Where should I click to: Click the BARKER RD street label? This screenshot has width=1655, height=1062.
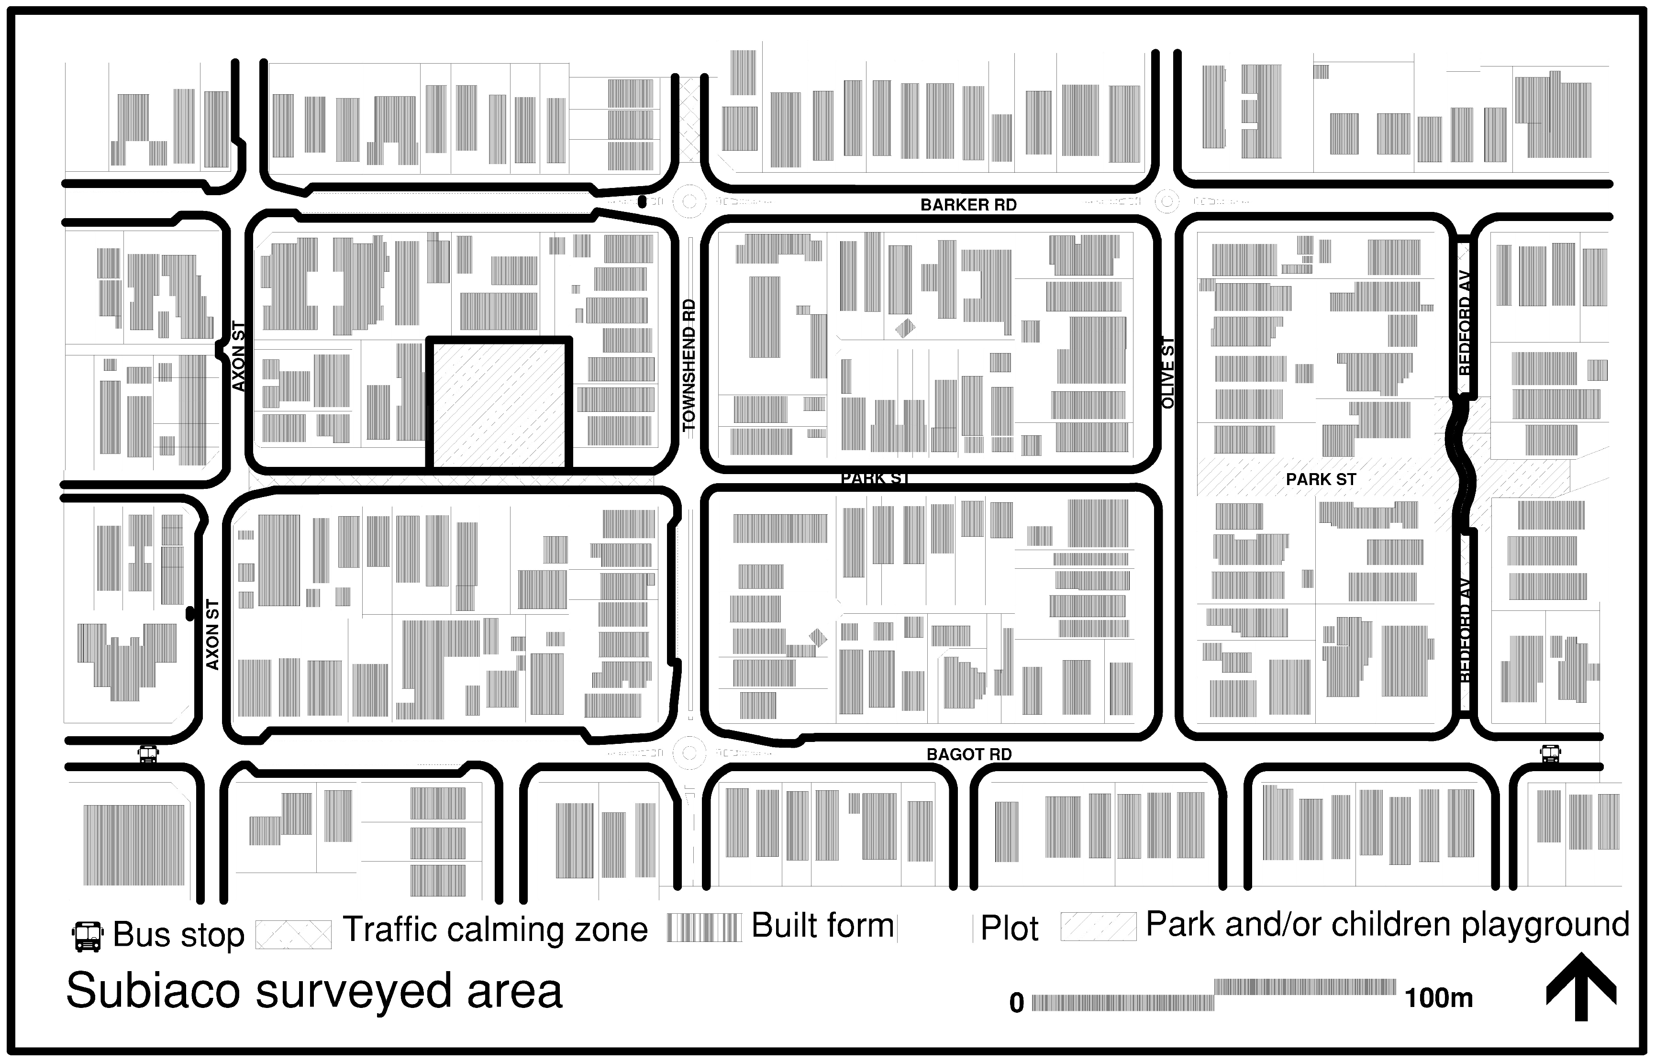tap(968, 205)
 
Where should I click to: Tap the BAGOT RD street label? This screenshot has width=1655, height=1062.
tap(969, 754)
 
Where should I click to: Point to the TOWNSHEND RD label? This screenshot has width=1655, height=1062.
tap(689, 365)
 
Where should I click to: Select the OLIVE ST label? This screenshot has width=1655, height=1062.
tap(1168, 372)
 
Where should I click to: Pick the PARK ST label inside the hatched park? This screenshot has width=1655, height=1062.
tap(1321, 479)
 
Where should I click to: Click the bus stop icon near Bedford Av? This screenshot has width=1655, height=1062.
tap(1550, 754)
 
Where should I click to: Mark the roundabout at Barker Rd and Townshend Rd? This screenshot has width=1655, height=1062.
tap(689, 202)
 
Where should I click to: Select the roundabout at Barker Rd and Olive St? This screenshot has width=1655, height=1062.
tap(1167, 201)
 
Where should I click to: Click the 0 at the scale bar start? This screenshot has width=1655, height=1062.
tap(1016, 1003)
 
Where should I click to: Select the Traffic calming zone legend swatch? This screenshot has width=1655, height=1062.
tap(293, 934)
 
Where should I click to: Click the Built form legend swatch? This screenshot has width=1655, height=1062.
tap(703, 928)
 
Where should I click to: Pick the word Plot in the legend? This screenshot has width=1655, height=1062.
tap(1009, 928)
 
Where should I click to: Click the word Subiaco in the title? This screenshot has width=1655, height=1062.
tap(153, 991)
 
